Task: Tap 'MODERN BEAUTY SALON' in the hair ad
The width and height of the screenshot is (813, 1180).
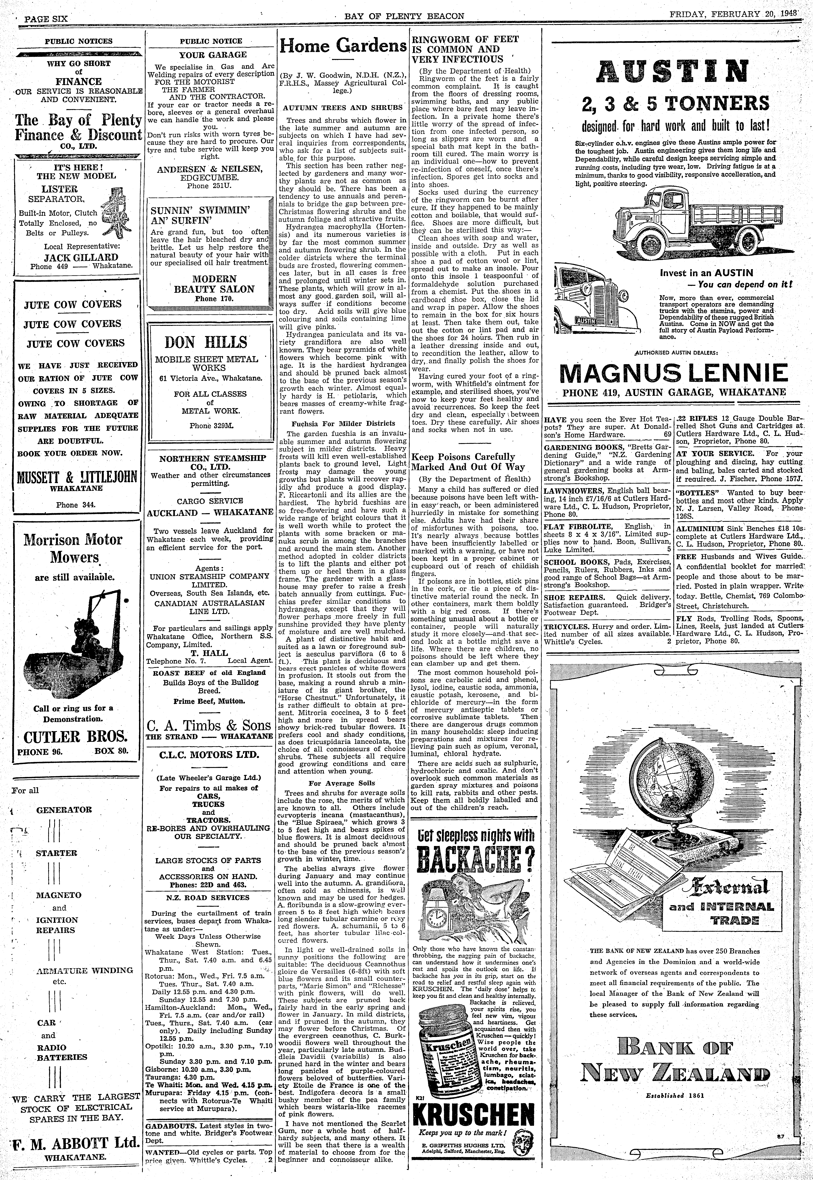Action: click(214, 284)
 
